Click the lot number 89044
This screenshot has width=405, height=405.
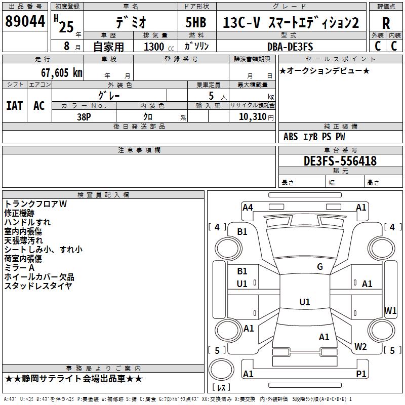click(x=24, y=22)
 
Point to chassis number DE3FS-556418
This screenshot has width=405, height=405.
click(x=340, y=161)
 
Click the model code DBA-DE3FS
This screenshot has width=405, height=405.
click(x=290, y=47)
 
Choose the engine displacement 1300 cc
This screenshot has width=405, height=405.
click(x=155, y=47)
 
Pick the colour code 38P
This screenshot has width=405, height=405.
click(x=84, y=116)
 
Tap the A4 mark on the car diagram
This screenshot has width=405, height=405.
click(x=248, y=207)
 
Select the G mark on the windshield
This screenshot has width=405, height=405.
click(x=320, y=267)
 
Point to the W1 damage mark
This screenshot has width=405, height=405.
click(x=390, y=310)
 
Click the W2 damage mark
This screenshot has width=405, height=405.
click(x=360, y=347)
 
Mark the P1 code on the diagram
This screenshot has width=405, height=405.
click(x=361, y=374)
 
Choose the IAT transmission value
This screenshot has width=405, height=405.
click(x=15, y=106)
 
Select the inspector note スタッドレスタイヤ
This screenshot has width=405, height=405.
click(x=38, y=286)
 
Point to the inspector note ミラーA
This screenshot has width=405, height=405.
click(x=19, y=268)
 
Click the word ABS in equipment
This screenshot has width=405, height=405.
click(x=291, y=137)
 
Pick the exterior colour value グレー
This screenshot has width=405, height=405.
click(x=109, y=95)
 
